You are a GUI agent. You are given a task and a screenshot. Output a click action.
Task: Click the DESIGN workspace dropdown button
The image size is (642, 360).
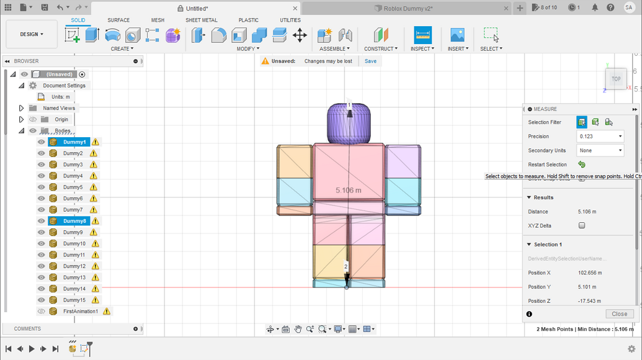point(32,34)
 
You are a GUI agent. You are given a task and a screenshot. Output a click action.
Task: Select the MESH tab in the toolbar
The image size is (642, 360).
point(158,20)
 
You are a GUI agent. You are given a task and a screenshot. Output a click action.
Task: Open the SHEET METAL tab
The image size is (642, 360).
point(201,20)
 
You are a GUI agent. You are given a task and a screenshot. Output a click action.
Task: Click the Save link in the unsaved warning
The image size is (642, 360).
point(370,61)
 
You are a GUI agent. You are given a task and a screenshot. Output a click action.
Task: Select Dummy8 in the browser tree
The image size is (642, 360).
point(74,221)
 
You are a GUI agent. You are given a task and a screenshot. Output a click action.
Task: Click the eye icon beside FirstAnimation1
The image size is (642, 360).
point(42,312)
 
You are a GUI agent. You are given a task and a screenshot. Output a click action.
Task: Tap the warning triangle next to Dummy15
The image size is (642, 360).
point(96,300)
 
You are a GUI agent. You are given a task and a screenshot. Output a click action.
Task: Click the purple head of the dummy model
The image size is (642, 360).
point(349,124)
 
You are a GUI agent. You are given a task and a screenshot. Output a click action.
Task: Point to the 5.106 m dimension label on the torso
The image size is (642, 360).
point(348,190)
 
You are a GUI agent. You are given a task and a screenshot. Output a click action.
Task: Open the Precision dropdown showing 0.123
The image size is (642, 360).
point(600,137)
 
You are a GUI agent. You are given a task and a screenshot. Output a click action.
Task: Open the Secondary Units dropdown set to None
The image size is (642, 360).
point(600,151)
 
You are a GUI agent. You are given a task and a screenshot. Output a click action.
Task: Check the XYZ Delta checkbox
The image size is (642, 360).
point(582,226)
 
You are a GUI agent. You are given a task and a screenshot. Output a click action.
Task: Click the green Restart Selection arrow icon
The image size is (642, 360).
point(582,164)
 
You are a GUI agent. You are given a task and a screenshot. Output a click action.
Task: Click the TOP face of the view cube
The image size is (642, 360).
point(616,79)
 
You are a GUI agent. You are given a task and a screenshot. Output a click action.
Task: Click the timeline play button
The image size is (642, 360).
point(32,349)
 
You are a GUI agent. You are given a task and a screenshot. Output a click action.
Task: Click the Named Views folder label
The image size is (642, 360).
point(59,108)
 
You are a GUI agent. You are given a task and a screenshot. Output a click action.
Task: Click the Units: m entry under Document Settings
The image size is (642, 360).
point(61,97)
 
